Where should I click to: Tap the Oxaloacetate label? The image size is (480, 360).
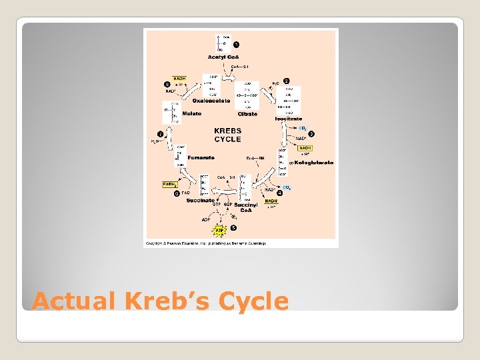[211, 101]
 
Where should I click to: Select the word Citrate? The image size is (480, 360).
[248, 114]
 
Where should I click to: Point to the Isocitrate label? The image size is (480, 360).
[289, 119]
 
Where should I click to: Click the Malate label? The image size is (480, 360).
[192, 114]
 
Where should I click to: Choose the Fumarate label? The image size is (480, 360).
[201, 157]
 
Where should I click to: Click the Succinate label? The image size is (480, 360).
[200, 200]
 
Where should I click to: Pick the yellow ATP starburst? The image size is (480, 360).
[219, 231]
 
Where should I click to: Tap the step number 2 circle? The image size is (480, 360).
[287, 81]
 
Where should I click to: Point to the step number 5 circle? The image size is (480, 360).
[233, 228]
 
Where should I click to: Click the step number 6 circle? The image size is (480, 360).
[177, 194]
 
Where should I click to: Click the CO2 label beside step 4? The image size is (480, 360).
[287, 188]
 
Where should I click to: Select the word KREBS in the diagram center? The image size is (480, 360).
[227, 131]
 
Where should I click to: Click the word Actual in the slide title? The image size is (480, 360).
[74, 301]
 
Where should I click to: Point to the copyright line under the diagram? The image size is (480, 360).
[206, 243]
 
